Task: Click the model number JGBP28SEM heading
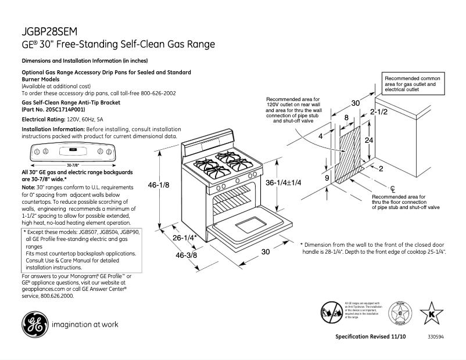[49, 31]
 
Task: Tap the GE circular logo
[34, 324]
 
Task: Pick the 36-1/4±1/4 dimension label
[284, 182]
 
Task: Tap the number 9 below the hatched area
[327, 178]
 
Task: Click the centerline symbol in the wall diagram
[393, 188]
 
